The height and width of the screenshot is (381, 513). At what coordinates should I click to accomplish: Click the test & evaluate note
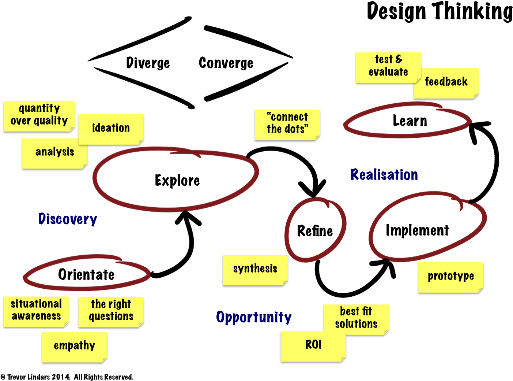tap(388, 66)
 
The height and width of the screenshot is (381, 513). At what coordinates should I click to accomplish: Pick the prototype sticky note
tap(451, 277)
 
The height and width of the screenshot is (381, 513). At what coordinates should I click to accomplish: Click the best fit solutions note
tap(356, 318)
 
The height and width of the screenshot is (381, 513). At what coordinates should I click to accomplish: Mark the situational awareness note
tap(36, 311)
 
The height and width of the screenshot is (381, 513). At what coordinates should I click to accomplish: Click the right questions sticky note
tap(111, 311)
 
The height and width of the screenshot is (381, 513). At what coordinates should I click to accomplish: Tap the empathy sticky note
tap(74, 346)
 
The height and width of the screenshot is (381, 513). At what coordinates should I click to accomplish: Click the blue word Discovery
tap(68, 219)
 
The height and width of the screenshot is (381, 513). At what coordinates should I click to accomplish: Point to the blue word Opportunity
tap(254, 317)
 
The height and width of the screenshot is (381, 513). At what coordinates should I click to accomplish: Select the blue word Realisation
tap(384, 175)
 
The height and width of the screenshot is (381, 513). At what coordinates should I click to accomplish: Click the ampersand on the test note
tap(399, 59)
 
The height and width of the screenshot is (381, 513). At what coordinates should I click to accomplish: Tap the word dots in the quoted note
tap(294, 129)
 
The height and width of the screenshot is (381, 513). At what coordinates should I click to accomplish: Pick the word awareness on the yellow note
tap(36, 316)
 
